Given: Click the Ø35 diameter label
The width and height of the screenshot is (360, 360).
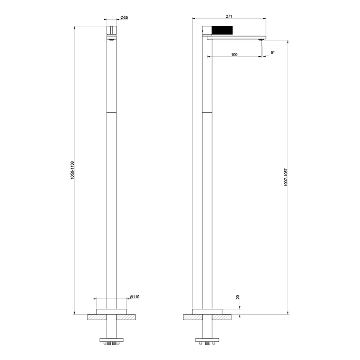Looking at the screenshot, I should click(124, 17).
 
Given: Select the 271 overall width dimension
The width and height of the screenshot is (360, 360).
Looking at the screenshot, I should click(229, 16).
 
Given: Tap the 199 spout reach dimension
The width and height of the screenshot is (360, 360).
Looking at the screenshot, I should click(234, 55).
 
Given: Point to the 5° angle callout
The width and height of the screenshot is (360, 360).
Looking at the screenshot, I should click(272, 53).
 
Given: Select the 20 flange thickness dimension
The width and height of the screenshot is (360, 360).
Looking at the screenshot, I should click(238, 298).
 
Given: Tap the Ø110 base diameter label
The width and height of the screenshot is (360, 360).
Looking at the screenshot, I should click(134, 296).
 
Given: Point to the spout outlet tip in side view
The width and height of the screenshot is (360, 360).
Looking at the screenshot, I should click(263, 39).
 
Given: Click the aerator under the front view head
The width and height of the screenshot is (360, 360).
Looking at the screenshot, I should click(111, 39).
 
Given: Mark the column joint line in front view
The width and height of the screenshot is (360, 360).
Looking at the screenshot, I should click(111, 113).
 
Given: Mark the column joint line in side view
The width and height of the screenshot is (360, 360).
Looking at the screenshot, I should click(207, 113).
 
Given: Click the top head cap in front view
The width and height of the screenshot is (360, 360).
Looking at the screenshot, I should click(111, 30).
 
